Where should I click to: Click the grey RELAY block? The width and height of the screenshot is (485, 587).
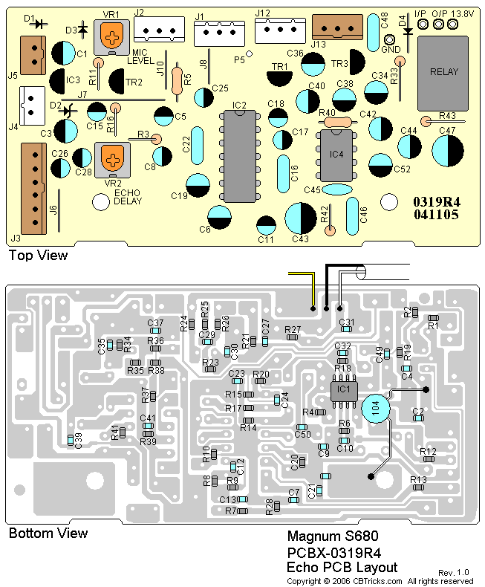(x=444, y=72)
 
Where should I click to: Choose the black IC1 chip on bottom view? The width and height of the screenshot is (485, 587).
(x=342, y=389)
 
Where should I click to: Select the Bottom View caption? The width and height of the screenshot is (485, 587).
(x=48, y=533)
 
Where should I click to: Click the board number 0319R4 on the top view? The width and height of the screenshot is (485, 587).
(x=436, y=202)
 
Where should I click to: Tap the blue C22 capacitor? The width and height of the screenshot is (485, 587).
(x=186, y=142)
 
